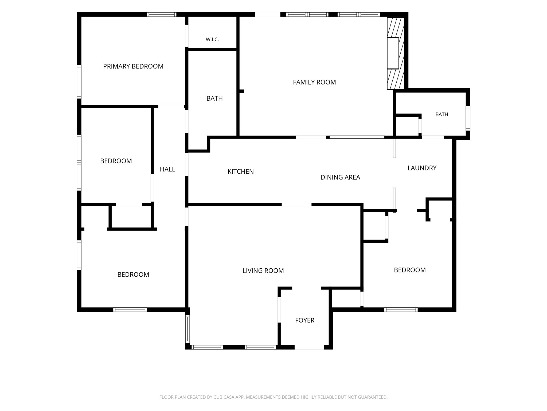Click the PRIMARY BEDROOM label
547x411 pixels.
coord(133,66)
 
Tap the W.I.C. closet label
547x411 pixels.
coord(212,40)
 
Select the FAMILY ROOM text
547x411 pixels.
coord(314,82)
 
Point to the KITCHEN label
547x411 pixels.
coord(241,172)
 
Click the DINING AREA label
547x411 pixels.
coord(340,177)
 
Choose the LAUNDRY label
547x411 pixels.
coord(422,168)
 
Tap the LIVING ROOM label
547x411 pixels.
coord(263,271)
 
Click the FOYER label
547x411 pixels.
coord(305,320)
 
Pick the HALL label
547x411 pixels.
coord(167,169)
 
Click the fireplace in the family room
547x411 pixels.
coord(396,53)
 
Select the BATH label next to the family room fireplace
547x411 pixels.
coord(442,115)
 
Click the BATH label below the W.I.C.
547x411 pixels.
coord(214,98)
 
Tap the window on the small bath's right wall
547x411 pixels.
coord(468,118)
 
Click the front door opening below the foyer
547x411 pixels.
coord(309,347)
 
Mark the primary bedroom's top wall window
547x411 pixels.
coord(161,14)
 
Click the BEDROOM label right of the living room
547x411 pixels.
coord(410,270)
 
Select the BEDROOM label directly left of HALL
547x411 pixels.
coord(116,161)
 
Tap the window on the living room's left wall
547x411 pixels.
coord(187,329)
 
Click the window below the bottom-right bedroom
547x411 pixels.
coord(401,310)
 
